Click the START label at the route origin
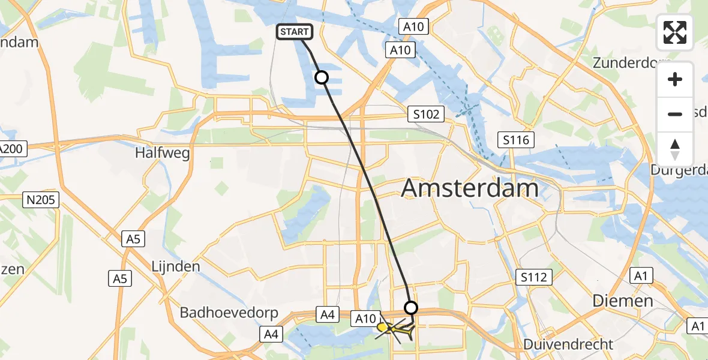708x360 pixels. point(294,32)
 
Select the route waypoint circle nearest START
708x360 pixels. point(322,77)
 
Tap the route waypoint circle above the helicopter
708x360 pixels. point(411,308)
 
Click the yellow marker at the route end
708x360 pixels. point(382,327)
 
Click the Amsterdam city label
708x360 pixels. point(470,188)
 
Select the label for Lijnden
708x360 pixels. point(176,265)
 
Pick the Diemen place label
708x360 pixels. point(623,301)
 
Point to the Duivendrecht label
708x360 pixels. point(568,344)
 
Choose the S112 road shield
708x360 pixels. point(533,277)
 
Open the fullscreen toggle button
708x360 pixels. point(675,32)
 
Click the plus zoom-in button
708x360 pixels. point(675,79)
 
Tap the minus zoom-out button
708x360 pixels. point(675,114)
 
